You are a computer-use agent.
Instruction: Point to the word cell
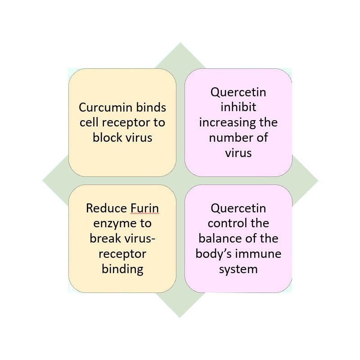pyautogui.click(x=89, y=122)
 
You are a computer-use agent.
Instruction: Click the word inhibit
pyautogui.click(x=238, y=107)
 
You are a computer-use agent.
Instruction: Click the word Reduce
pyautogui.click(x=107, y=208)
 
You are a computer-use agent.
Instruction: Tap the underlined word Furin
pyautogui.click(x=144, y=208)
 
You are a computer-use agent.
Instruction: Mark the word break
pyautogui.click(x=105, y=238)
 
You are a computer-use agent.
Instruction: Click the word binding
pyautogui.click(x=122, y=269)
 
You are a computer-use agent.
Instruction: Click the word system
pyautogui.click(x=238, y=269)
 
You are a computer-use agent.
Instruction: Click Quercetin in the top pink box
pyautogui.click(x=238, y=92)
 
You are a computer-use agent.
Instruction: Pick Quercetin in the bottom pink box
pyautogui.click(x=238, y=208)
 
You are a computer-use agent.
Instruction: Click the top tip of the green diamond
pyautogui.click(x=180, y=42)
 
